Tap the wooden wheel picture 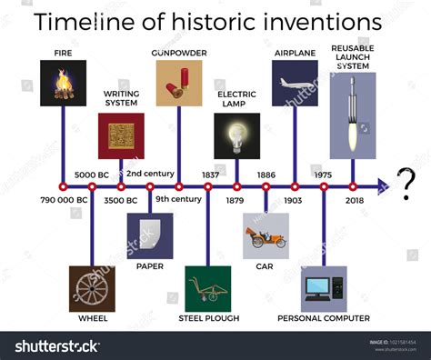(92, 289)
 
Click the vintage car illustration (266, 236)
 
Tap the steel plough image (207, 289)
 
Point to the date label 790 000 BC (63, 200)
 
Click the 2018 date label (353, 200)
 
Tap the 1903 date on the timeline (294, 200)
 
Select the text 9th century (178, 200)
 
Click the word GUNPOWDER (178, 53)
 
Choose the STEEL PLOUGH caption (207, 318)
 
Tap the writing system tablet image (121, 135)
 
